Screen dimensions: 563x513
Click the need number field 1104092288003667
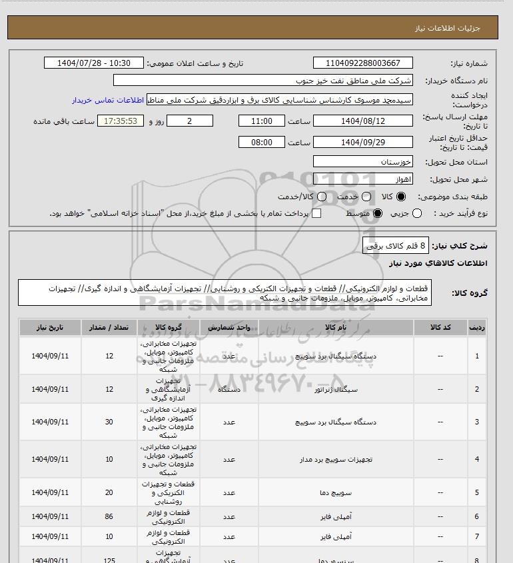tap(363, 63)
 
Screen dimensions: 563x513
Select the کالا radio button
tap(401, 197)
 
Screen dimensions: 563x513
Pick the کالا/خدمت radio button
tap(322, 197)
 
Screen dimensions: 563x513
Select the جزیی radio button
tap(418, 213)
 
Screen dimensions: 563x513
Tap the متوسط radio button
tap(378, 213)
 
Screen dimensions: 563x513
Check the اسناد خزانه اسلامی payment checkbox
tap(316, 213)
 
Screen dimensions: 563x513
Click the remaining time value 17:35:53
tap(121, 121)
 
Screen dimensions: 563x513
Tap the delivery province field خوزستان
tap(362, 162)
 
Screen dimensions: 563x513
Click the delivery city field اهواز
tap(362, 179)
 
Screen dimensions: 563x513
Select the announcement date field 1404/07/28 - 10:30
tap(93, 63)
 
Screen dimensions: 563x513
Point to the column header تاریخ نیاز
tap(50, 328)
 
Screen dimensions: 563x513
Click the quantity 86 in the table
tap(109, 516)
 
